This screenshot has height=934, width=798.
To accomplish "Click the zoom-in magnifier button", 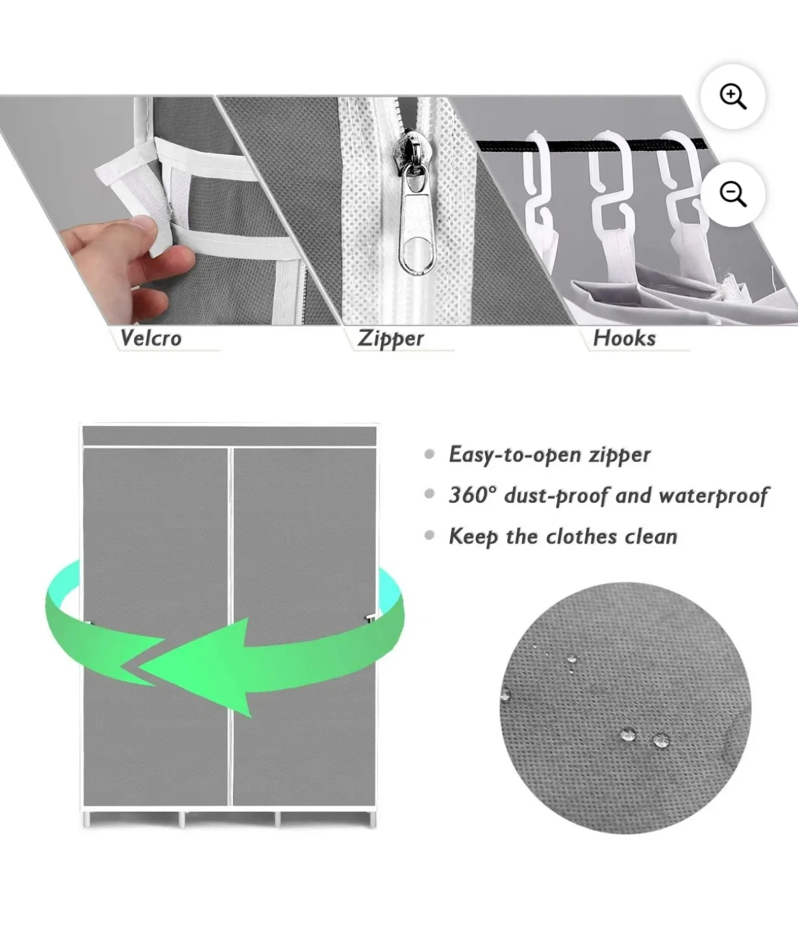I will coord(732,97).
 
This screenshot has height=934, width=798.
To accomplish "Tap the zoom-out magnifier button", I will coord(732,194).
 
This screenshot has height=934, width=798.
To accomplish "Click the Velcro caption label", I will coord(151,338).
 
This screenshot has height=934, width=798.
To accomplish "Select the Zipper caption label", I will coord(391,339).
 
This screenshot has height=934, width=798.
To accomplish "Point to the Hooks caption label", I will coord(624,338).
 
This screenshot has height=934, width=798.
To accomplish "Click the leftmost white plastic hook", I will coord(538,182).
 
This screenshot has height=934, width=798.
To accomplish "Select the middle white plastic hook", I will coord(610,182).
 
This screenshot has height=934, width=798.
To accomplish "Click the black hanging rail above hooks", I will coord(506,145).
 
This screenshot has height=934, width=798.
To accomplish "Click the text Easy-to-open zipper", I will coord(549,455).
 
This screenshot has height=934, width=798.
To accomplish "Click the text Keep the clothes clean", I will coord(563,536).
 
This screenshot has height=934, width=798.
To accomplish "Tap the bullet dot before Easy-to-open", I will coord(429,454).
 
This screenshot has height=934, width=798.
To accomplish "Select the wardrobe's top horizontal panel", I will coord(229,436).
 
